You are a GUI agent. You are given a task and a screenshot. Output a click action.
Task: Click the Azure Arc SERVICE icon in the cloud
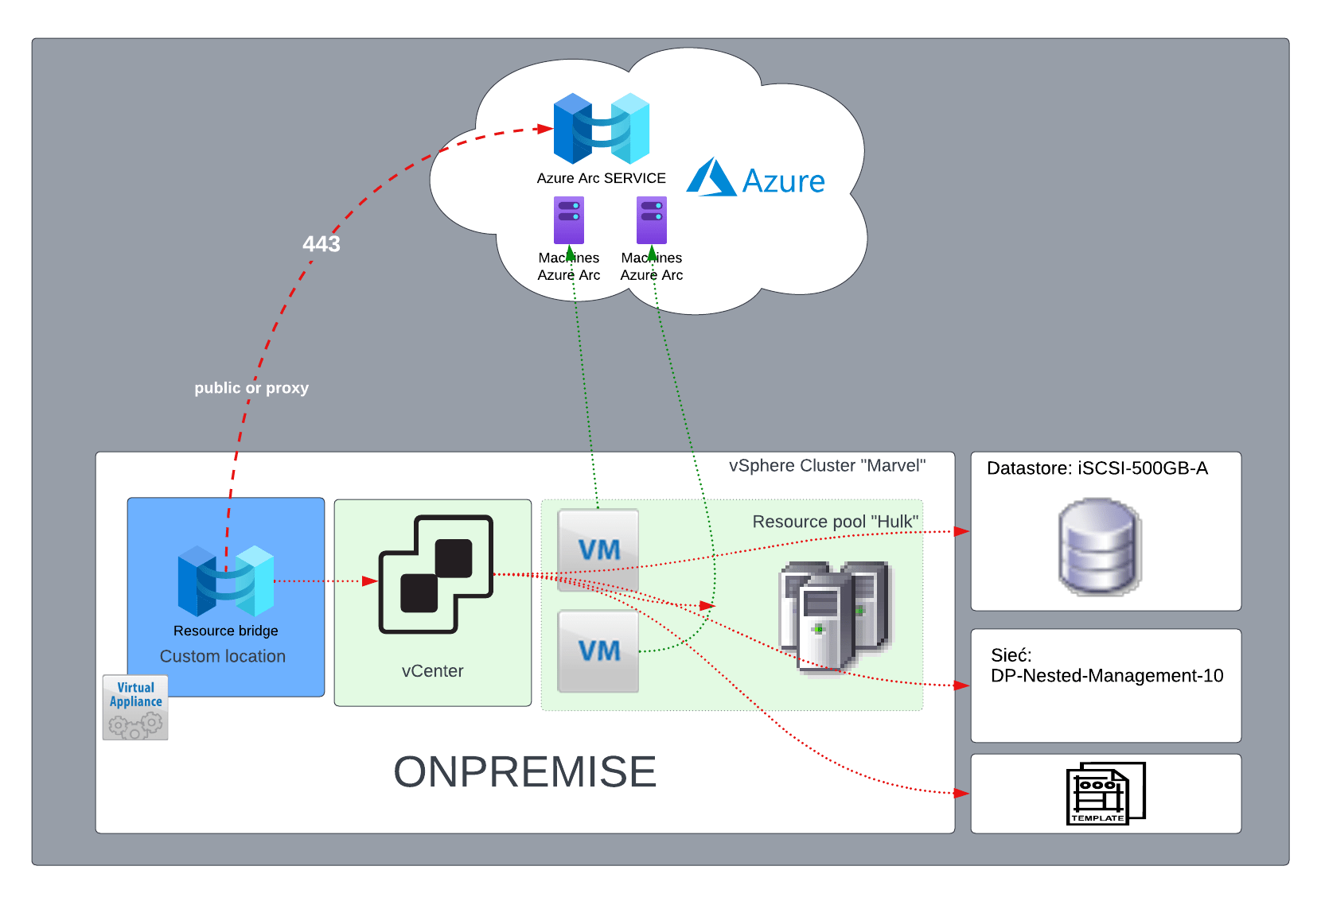pos(602,128)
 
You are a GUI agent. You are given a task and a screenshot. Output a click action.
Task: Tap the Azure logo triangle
pos(711,177)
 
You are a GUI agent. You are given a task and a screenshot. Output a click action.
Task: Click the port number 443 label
pos(321,244)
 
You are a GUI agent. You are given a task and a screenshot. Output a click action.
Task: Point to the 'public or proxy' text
pos(251,388)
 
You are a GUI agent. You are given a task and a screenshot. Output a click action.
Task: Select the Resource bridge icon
pos(226,581)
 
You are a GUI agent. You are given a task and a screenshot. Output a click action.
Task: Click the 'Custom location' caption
pos(223,657)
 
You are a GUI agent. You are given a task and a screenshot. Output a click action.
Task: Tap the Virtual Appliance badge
pos(135,707)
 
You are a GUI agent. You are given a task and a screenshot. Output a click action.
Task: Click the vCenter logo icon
pos(435,574)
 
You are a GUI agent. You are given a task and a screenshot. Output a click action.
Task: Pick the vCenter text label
pos(432,671)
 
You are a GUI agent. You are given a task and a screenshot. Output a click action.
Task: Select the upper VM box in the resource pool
pos(598,549)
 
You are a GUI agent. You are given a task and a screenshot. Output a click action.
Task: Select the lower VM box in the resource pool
pos(598,650)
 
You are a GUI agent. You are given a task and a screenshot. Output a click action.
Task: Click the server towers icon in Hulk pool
pos(836,616)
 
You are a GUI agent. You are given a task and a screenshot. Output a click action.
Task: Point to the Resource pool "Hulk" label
pos(835,522)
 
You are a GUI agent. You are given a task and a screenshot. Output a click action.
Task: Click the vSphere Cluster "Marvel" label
pos(827,466)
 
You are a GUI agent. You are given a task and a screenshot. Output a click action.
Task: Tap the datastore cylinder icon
pos(1100,547)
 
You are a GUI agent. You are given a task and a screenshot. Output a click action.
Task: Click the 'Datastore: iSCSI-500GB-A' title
pos(1097,468)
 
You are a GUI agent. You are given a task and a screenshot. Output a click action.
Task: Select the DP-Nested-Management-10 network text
pos(1107,676)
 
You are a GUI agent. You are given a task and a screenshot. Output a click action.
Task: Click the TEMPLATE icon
pos(1105,794)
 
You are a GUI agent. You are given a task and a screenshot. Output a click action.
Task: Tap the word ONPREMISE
pos(525,772)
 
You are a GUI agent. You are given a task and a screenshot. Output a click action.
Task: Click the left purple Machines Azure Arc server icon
pos(569,220)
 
